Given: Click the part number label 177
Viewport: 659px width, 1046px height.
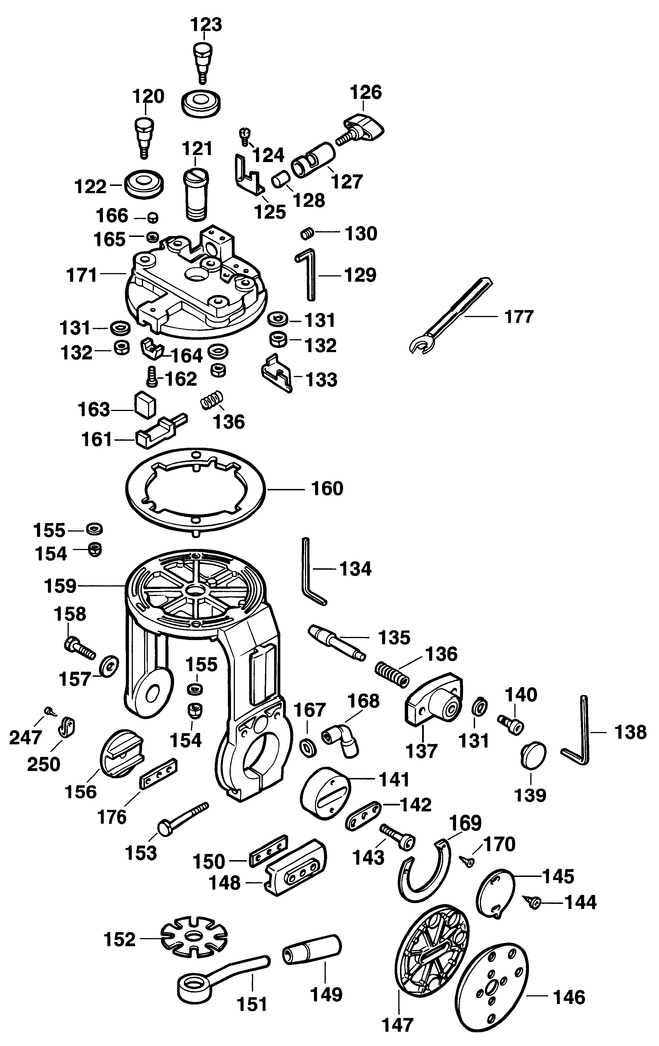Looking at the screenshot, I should tap(519, 317).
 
